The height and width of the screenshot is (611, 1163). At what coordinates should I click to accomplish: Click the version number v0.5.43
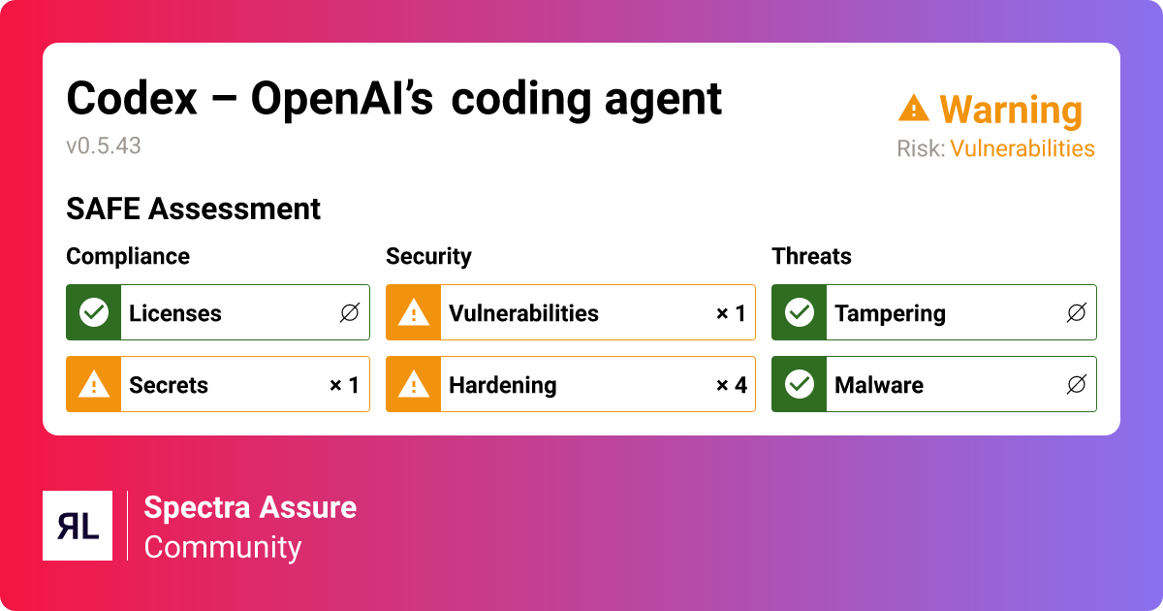104,146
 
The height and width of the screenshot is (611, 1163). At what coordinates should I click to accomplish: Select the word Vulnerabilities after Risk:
1022,148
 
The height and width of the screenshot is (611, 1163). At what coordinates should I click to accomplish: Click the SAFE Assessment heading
193,209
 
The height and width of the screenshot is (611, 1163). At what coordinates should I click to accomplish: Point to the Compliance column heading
128,256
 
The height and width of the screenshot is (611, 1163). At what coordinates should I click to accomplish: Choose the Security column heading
428,256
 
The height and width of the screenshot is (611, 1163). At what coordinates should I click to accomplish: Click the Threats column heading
811,256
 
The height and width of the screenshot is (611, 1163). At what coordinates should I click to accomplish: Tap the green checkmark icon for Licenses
93,312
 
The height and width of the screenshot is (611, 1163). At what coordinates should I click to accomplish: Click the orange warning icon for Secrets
93,385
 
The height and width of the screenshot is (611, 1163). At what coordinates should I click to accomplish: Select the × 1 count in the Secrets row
344,385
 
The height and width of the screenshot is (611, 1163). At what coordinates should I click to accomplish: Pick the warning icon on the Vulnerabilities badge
414,312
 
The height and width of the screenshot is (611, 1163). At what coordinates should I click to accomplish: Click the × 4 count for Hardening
731,385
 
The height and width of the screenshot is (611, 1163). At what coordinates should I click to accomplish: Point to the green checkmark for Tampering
799,312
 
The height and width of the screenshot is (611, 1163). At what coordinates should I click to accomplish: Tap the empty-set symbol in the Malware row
1076,385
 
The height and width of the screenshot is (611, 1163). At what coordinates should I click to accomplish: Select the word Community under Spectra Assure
223,547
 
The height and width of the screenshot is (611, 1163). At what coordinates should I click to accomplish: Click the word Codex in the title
131,99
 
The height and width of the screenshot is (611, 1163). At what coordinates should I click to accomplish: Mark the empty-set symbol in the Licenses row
350,312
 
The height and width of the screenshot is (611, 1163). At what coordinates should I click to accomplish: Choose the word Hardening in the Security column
502,385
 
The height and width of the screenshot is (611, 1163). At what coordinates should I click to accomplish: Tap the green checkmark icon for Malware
799,385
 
